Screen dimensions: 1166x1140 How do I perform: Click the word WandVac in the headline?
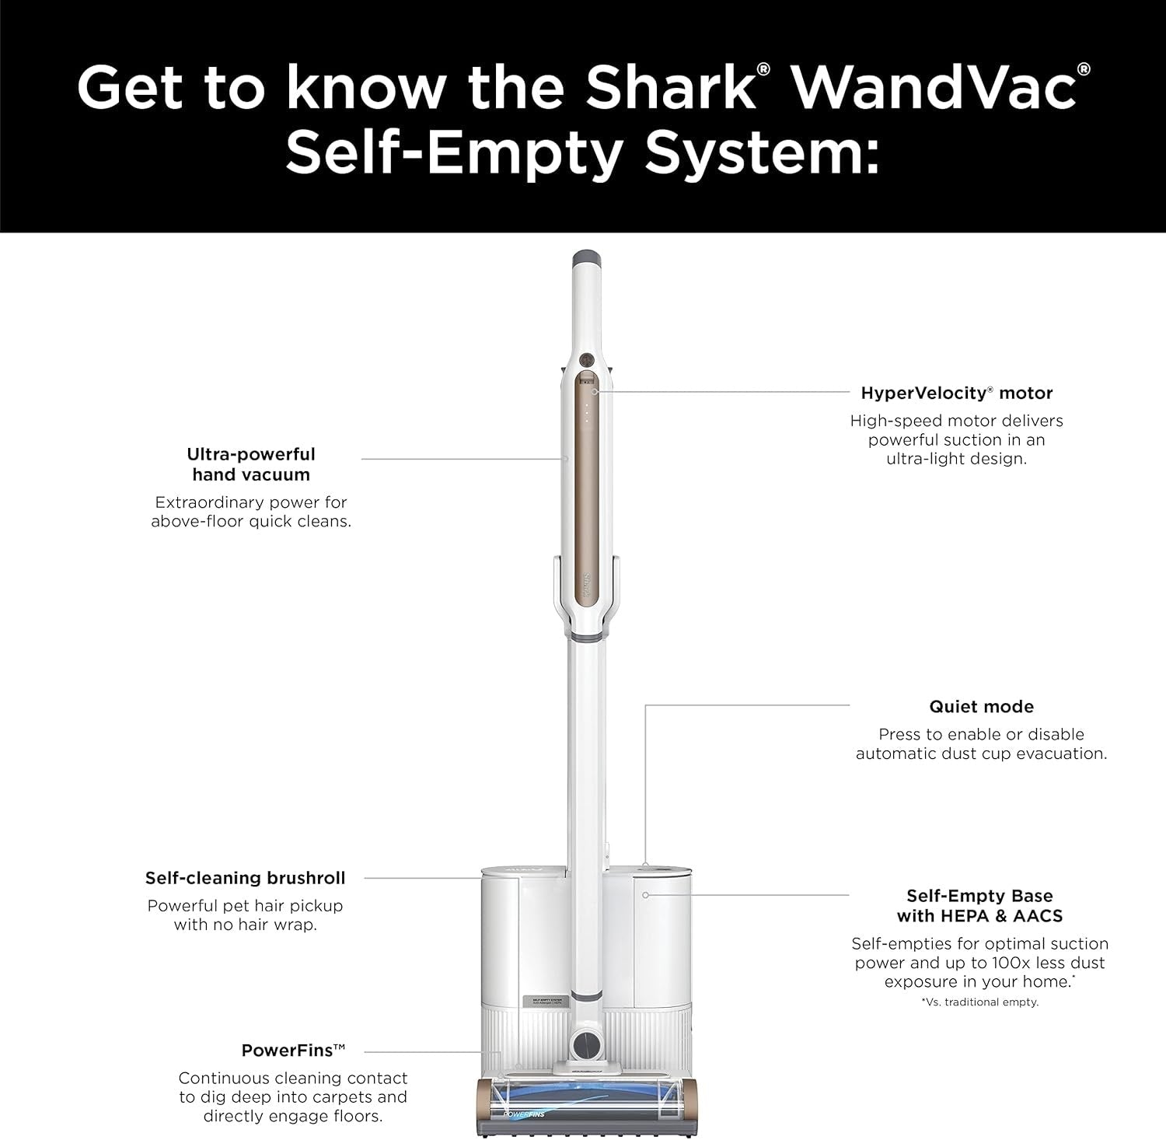tap(934, 87)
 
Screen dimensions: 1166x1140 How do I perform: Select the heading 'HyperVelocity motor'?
tap(956, 393)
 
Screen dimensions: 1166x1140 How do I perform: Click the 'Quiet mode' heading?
tap(981, 707)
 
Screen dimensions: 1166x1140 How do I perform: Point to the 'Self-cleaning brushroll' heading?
tap(245, 878)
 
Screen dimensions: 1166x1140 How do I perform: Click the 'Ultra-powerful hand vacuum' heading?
tap(250, 464)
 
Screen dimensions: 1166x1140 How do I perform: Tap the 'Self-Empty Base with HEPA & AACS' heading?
tap(979, 906)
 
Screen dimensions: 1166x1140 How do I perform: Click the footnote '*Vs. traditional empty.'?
tap(979, 1002)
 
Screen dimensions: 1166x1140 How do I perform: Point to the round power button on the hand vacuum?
tap(586, 359)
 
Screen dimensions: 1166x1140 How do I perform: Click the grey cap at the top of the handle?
tap(585, 259)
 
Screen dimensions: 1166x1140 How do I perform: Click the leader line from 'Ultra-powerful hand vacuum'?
tap(464, 459)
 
